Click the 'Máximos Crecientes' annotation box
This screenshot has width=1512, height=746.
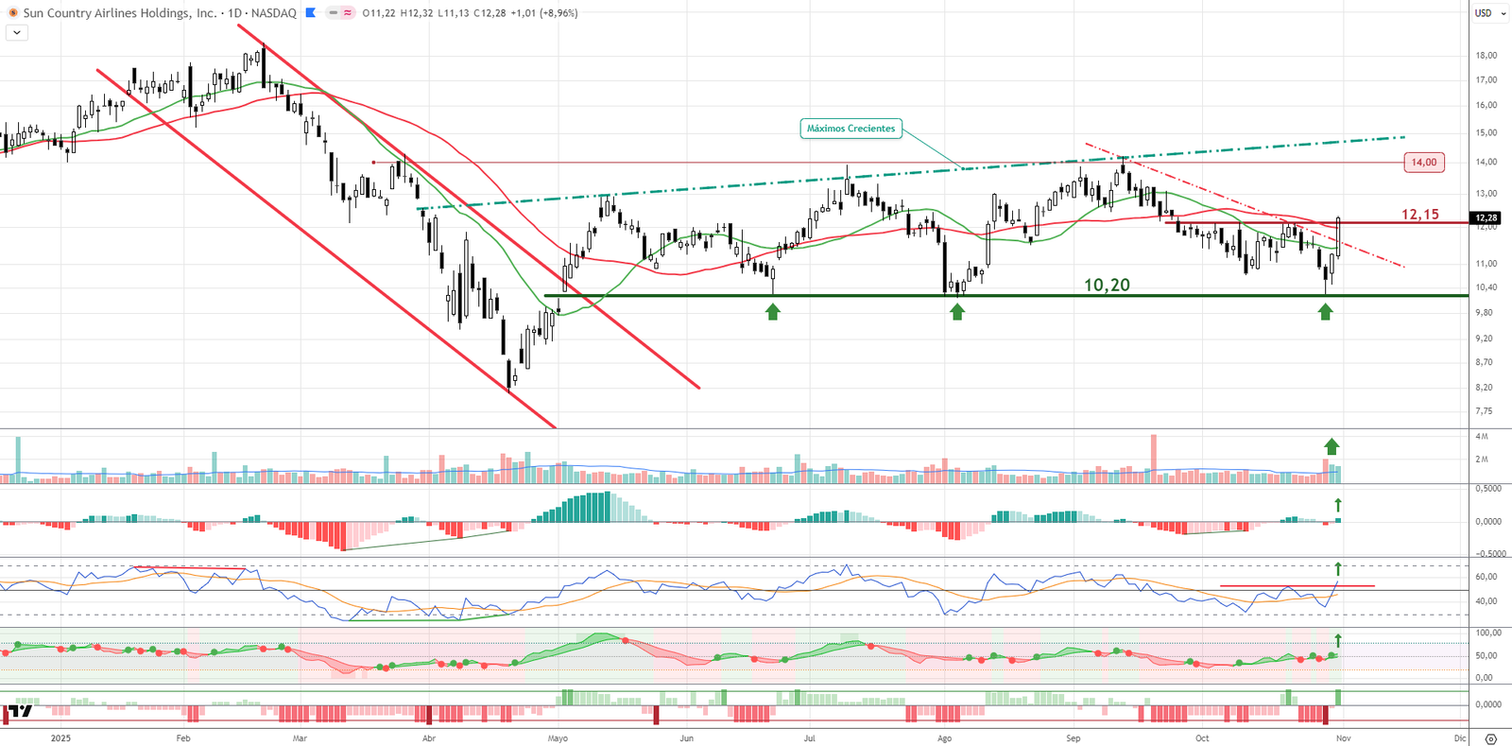(850, 129)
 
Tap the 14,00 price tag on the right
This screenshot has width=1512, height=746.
(1424, 163)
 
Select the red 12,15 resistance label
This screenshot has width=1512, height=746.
(1419, 215)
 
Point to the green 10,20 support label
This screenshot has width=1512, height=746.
(1107, 285)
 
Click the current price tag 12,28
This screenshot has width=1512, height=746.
(1486, 218)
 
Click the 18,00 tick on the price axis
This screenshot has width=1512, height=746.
(1486, 56)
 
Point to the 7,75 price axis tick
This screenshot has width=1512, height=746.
(1485, 411)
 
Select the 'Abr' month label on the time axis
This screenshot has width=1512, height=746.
(429, 738)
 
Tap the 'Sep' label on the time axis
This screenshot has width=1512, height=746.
(1073, 738)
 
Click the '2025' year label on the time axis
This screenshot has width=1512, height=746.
(60, 738)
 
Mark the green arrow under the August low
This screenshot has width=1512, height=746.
(957, 311)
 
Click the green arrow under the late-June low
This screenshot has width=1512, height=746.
(773, 311)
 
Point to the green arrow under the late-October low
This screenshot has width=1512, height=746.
(1325, 311)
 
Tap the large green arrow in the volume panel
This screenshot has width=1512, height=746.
(1332, 446)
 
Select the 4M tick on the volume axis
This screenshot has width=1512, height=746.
(1482, 437)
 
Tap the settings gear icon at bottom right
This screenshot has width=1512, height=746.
(1490, 738)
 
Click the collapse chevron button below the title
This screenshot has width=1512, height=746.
(17, 32)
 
